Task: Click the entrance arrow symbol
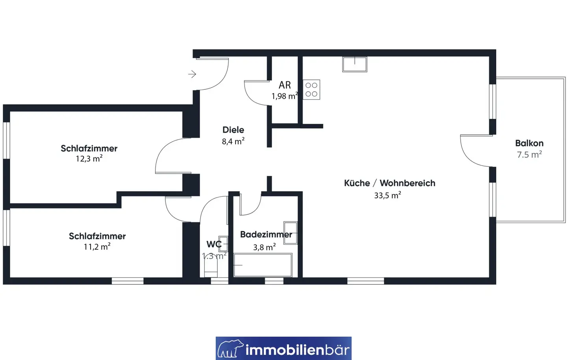pyautogui.click(x=192, y=74)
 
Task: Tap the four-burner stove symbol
pyautogui.click(x=311, y=90)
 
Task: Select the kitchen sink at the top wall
pyautogui.click(x=355, y=64)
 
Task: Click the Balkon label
pyautogui.click(x=529, y=143)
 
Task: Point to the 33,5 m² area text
pyautogui.click(x=387, y=195)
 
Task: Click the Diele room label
pyautogui.click(x=233, y=130)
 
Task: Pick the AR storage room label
pyautogui.click(x=285, y=85)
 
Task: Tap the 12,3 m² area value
pyautogui.click(x=89, y=159)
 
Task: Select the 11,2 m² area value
pyautogui.click(x=97, y=246)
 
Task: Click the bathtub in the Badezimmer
pyautogui.click(x=263, y=265)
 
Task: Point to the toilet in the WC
pyautogui.click(x=211, y=269)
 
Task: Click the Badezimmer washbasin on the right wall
pyautogui.click(x=290, y=233)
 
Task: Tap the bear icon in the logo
pyautogui.click(x=230, y=348)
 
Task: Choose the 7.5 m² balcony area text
pyautogui.click(x=529, y=154)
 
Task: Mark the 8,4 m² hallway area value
pyautogui.click(x=233, y=141)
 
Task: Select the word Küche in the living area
pyautogui.click(x=357, y=183)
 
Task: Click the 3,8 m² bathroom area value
pyautogui.click(x=265, y=247)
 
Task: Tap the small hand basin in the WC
pyautogui.click(x=223, y=244)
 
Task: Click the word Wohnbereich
pyautogui.click(x=408, y=183)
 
